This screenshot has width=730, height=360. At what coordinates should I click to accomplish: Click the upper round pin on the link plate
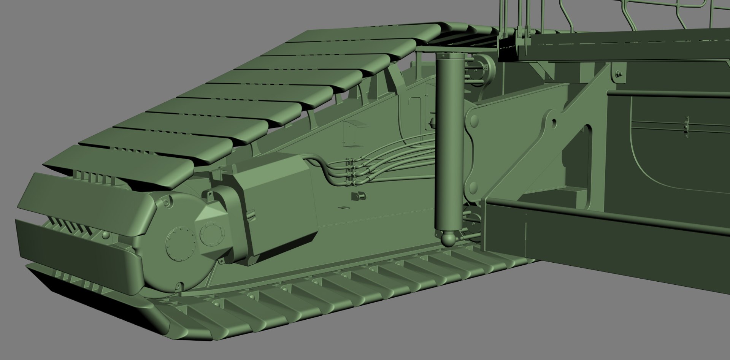[474, 121]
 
